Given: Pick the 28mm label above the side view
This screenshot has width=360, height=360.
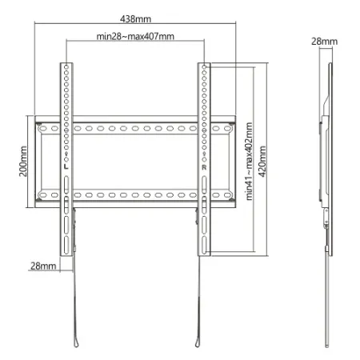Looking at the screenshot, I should tap(323, 40).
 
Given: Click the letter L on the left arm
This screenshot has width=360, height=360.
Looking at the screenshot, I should tap(62, 166).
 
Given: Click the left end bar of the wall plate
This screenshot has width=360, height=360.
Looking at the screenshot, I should tap(35, 162).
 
